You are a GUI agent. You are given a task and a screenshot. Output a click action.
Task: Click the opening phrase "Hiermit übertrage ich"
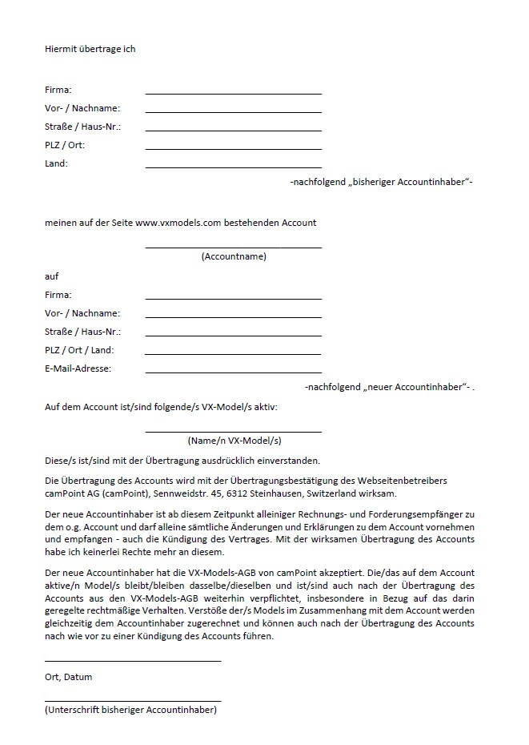click(x=90, y=49)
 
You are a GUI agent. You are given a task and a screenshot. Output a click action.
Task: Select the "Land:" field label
click(x=57, y=163)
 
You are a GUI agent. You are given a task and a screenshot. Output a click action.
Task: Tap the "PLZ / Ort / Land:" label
click(x=79, y=350)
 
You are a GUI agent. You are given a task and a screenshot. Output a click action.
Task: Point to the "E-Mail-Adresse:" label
click(x=78, y=368)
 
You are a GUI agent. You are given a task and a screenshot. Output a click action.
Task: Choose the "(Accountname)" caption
click(x=234, y=257)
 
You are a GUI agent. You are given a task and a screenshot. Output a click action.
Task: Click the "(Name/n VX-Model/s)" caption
click(x=234, y=441)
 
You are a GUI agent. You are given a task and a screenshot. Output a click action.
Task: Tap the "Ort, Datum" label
click(x=69, y=677)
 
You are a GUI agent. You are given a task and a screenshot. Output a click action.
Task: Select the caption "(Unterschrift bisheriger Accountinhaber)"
click(x=131, y=710)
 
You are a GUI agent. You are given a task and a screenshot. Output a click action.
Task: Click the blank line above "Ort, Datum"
click(x=133, y=661)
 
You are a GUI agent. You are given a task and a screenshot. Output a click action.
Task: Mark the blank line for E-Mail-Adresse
click(x=234, y=372)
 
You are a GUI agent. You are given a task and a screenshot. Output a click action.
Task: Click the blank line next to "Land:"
click(x=234, y=167)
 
